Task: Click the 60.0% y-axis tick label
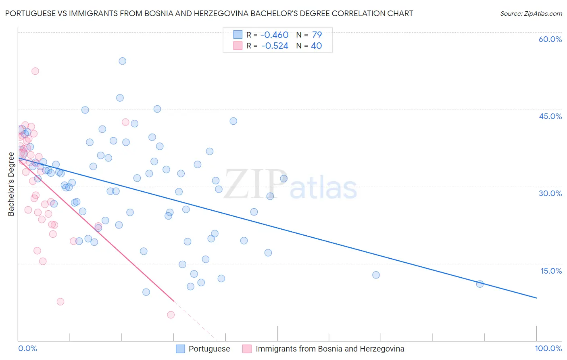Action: point(550,39)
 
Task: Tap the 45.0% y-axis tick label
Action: point(550,116)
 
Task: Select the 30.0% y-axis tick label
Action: point(550,193)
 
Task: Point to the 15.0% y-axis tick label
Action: point(551,271)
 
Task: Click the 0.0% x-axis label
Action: point(27,348)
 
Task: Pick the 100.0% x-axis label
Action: point(548,348)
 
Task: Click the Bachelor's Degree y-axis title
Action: point(11,184)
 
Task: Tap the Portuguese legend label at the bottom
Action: point(209,349)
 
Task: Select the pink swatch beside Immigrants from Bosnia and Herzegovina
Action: point(247,349)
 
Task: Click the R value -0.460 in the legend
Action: point(274,35)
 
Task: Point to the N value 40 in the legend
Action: point(316,46)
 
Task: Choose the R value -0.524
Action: point(275,46)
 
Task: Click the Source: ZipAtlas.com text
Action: point(531,14)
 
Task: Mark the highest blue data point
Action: point(122,61)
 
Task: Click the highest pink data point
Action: point(35,71)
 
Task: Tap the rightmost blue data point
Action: point(479,284)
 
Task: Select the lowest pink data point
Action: point(171,315)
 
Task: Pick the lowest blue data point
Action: point(146,292)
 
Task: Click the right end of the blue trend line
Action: point(536,298)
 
